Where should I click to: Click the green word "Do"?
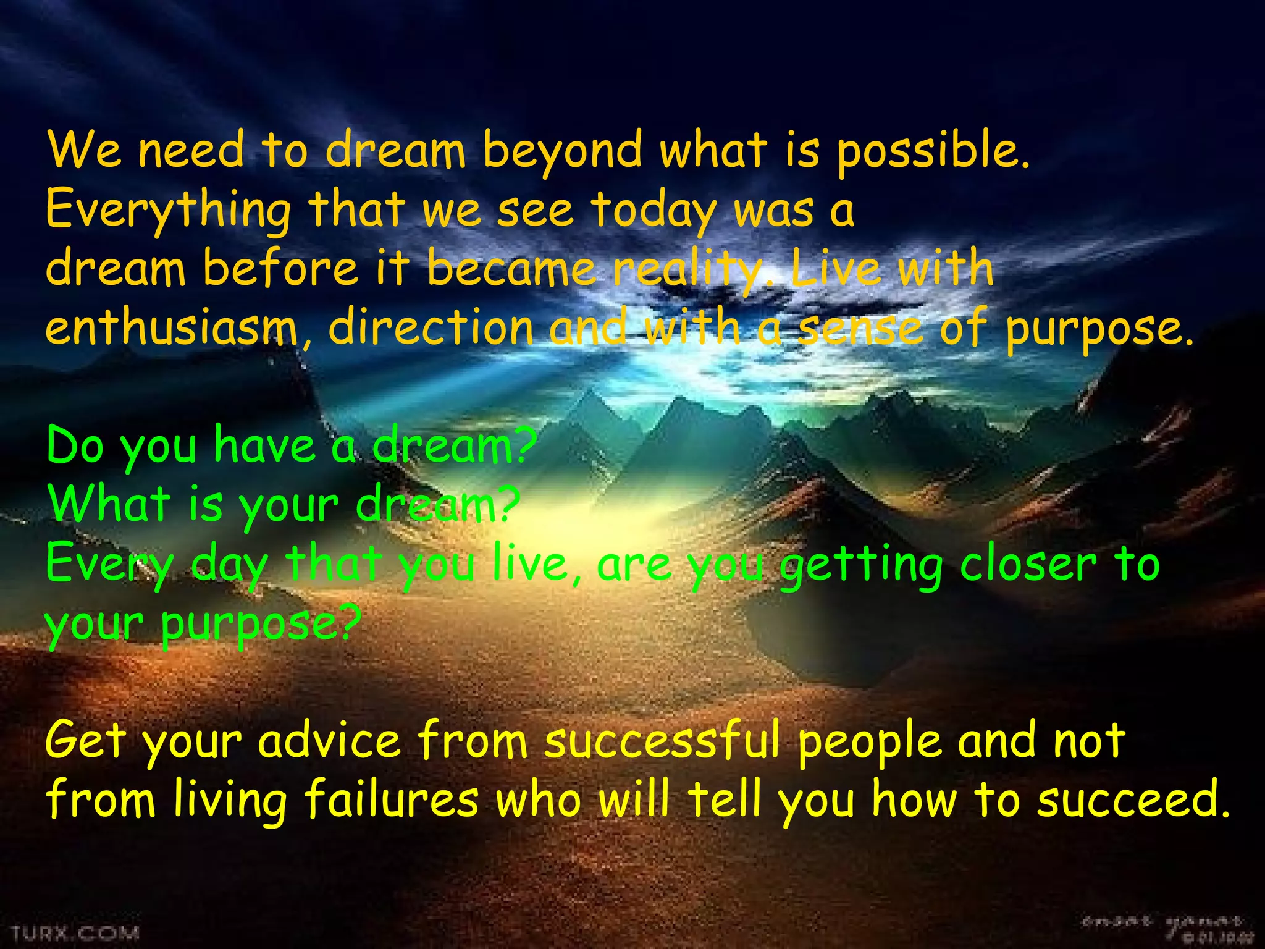coord(75,445)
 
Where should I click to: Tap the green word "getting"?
coord(861,565)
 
